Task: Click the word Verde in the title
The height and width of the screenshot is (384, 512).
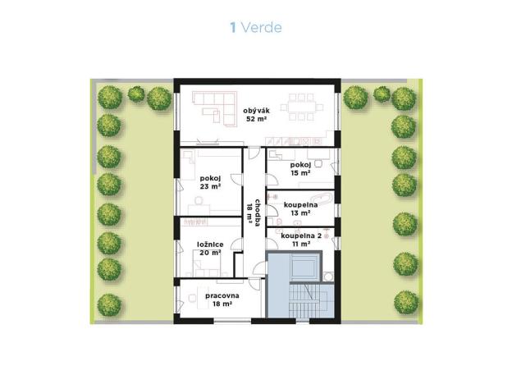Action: coord(261,28)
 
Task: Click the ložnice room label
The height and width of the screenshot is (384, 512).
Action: coord(210,244)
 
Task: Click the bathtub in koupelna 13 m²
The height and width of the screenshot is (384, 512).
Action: coord(322,199)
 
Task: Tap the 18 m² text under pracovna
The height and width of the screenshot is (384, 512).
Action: coord(222,304)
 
